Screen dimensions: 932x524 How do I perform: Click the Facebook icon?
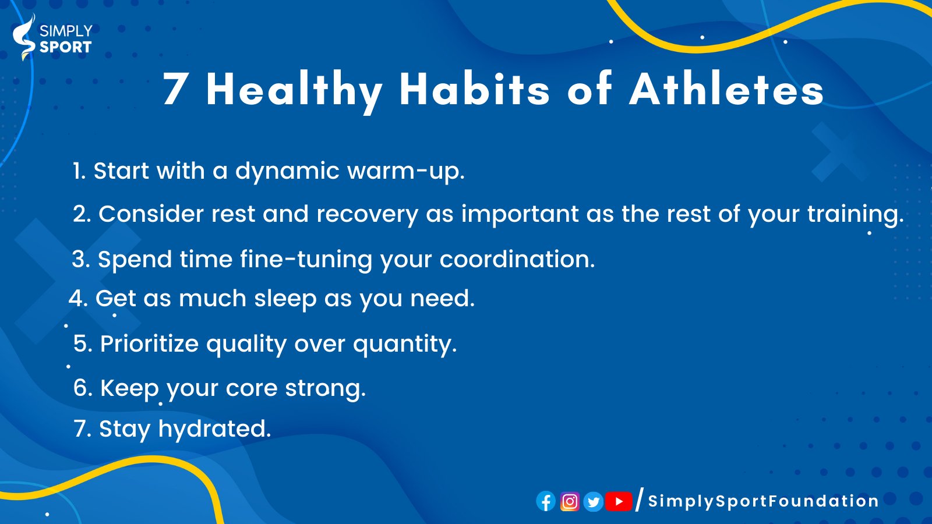(x=546, y=501)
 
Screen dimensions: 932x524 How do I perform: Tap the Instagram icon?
(x=570, y=501)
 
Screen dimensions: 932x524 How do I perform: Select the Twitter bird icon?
(x=594, y=501)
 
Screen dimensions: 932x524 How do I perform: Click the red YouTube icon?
(x=619, y=501)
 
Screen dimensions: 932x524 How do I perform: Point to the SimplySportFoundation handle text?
(x=763, y=501)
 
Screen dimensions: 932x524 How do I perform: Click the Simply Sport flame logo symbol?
(x=24, y=37)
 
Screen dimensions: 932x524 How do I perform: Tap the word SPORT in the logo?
(x=65, y=47)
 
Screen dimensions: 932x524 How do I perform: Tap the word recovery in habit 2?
(x=368, y=215)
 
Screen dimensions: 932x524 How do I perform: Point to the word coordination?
(x=517, y=259)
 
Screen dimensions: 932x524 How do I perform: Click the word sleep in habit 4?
(x=285, y=299)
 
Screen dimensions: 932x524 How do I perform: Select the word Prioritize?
(x=149, y=344)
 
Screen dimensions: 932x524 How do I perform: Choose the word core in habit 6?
(x=251, y=388)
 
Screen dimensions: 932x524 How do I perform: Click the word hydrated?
(x=215, y=429)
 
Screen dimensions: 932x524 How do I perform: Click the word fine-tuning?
(x=306, y=260)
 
